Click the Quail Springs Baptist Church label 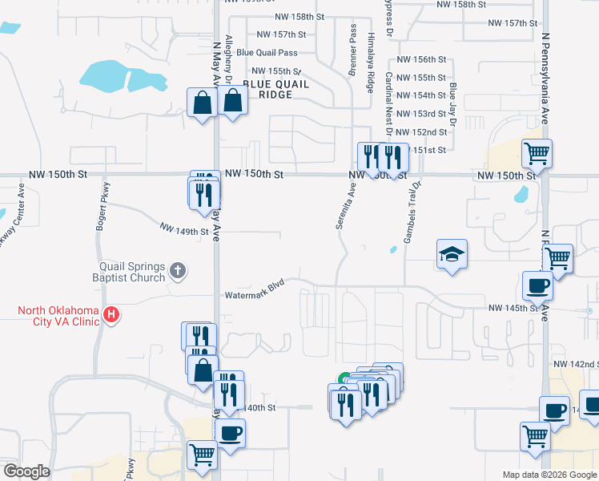[131, 272]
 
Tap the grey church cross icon [179, 272]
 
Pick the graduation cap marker [452, 256]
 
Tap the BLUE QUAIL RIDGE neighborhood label [267, 88]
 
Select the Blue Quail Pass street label [267, 52]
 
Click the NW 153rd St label [424, 114]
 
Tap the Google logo [26, 471]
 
